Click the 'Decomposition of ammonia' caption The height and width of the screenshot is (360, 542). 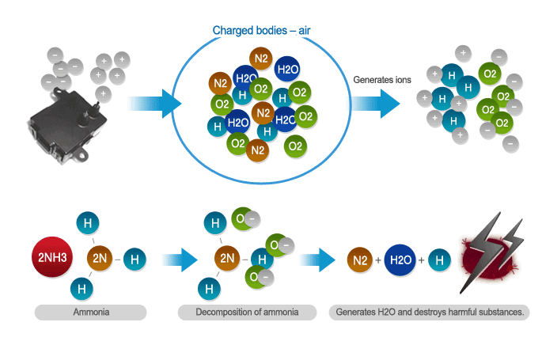[x=248, y=313]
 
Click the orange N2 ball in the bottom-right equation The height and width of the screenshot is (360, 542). [x=362, y=260]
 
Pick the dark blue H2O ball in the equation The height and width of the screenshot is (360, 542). [x=400, y=260]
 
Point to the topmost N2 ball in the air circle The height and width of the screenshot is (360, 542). [x=260, y=58]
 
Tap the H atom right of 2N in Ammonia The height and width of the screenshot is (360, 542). [x=135, y=258]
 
